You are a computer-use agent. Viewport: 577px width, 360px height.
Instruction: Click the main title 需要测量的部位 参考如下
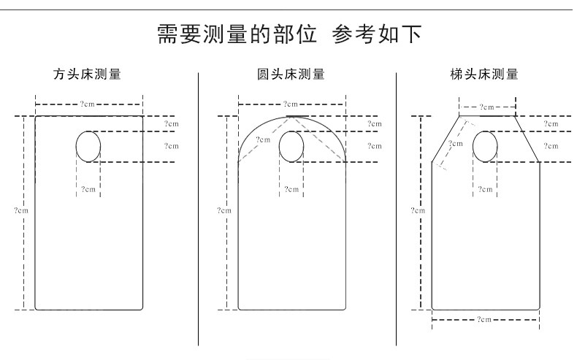pyautogui.click(x=288, y=34)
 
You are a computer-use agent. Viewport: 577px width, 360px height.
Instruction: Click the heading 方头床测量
pyautogui.click(x=87, y=74)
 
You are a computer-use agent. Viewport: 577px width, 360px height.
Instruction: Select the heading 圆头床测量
pyautogui.click(x=291, y=74)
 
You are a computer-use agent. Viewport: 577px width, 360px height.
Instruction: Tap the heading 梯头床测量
pyautogui.click(x=485, y=74)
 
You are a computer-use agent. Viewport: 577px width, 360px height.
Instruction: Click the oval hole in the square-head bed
pyautogui.click(x=88, y=146)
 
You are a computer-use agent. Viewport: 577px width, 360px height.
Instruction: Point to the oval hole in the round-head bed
pyautogui.click(x=291, y=146)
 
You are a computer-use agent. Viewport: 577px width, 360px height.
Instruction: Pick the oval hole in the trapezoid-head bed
pyautogui.click(x=485, y=146)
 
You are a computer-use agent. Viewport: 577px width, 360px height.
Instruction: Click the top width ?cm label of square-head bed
pyautogui.click(x=87, y=104)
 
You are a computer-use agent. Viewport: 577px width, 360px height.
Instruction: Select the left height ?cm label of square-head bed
pyautogui.click(x=21, y=210)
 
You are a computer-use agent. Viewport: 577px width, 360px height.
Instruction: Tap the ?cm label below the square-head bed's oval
pyautogui.click(x=88, y=189)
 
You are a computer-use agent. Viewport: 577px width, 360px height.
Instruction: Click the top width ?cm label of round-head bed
pyautogui.click(x=291, y=104)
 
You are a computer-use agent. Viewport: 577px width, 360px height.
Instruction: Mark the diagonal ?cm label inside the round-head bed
pyautogui.click(x=263, y=139)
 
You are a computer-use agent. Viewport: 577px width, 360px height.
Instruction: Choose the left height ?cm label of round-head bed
pyautogui.click(x=224, y=210)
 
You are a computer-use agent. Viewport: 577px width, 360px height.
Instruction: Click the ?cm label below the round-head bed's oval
pyautogui.click(x=291, y=189)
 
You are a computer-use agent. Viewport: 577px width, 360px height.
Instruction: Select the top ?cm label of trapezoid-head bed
pyautogui.click(x=488, y=107)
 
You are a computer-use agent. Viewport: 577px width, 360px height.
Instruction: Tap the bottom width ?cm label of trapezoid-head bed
pyautogui.click(x=485, y=320)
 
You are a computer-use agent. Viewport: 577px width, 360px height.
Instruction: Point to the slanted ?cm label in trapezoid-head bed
pyautogui.click(x=456, y=144)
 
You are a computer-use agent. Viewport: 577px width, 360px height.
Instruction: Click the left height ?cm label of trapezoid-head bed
pyautogui.click(x=418, y=210)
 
